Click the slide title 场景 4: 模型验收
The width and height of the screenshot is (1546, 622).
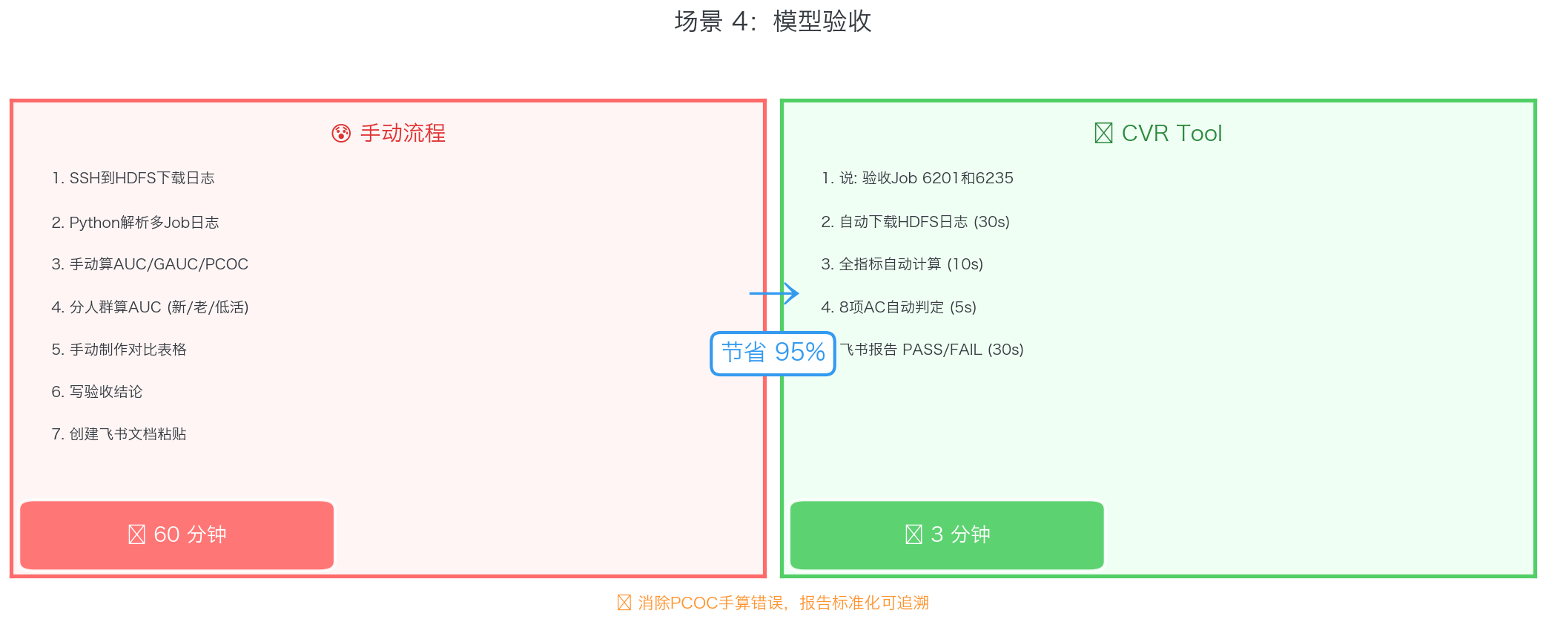click(x=773, y=22)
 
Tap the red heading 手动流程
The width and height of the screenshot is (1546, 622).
click(x=402, y=134)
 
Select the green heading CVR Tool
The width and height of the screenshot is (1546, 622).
click(x=1171, y=134)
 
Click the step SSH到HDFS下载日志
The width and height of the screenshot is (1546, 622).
click(x=133, y=178)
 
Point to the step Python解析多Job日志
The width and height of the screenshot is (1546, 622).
click(x=136, y=223)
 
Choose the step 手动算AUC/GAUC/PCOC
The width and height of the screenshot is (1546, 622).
click(x=151, y=264)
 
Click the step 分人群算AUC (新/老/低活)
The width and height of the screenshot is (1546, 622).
click(x=151, y=307)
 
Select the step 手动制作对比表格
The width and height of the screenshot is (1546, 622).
click(x=119, y=350)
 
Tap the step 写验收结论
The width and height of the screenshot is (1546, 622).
click(x=97, y=392)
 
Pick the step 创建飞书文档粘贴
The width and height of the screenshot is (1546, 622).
click(x=119, y=434)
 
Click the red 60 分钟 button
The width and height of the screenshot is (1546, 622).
click(x=177, y=535)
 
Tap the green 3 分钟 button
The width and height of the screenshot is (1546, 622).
click(x=947, y=535)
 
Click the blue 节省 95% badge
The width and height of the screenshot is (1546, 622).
click(x=773, y=353)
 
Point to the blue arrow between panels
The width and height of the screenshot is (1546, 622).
click(x=774, y=293)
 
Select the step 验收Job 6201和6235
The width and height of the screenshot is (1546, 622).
click(x=918, y=178)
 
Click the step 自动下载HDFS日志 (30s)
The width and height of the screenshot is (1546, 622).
click(x=916, y=222)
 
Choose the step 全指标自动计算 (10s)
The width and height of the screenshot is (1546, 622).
click(x=902, y=264)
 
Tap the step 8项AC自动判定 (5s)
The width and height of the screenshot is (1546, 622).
click(x=899, y=307)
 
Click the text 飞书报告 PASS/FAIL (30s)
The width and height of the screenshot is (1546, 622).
click(x=932, y=350)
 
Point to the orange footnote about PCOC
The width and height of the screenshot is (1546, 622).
click(x=774, y=603)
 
